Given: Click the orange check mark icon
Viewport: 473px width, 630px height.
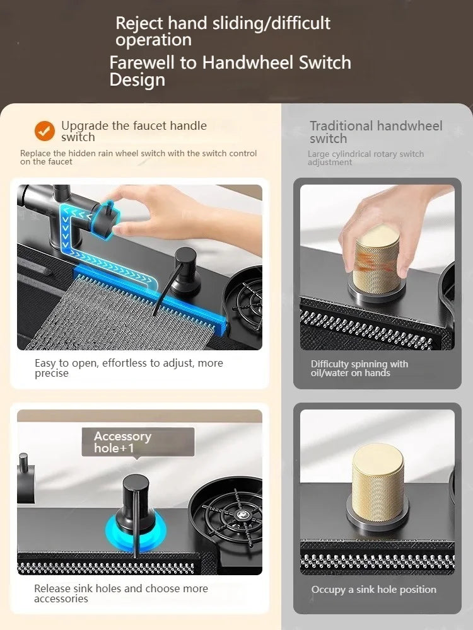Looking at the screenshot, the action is coord(45,131).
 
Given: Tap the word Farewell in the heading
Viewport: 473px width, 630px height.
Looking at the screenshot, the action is coord(143,62).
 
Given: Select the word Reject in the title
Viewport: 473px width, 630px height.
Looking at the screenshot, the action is coord(139,24).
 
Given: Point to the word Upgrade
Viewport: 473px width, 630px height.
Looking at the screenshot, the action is coord(85,126).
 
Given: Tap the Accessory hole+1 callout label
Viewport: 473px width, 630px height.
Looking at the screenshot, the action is coord(138,442).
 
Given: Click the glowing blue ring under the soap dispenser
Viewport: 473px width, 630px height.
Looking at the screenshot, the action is coord(136,530).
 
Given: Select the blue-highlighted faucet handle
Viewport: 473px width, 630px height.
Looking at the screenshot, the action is coord(105,219).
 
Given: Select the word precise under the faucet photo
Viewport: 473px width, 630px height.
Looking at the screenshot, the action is coord(52,374).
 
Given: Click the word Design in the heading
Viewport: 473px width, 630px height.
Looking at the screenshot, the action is coord(137,79).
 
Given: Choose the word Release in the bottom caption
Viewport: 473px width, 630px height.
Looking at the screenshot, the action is coord(52,588).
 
